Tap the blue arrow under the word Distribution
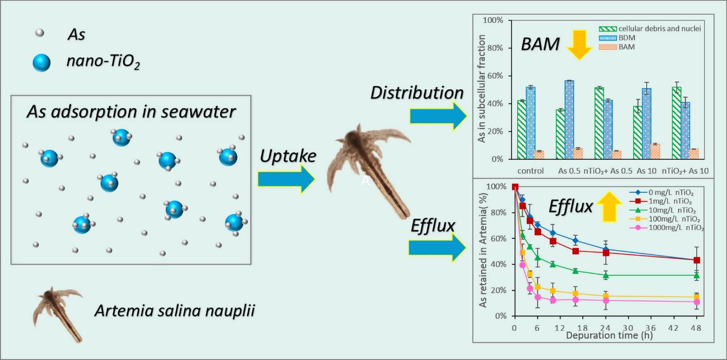(x=438, y=116)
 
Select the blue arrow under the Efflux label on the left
(x=436, y=248)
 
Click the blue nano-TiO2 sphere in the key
(x=42, y=62)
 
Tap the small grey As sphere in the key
(x=39, y=33)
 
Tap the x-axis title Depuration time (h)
(x=608, y=335)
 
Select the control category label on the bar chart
(x=530, y=170)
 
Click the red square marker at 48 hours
(x=697, y=260)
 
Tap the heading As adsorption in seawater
(x=131, y=112)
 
